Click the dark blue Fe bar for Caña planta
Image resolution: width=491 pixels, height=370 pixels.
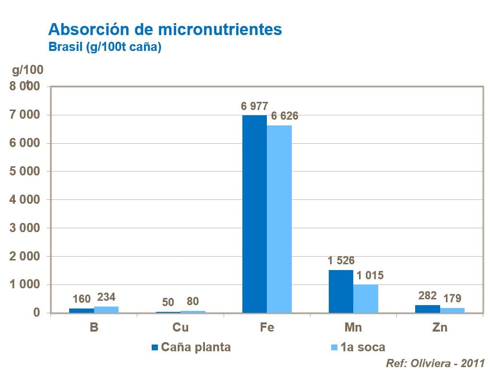point(254,214)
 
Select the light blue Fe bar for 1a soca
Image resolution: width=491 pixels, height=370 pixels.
point(279,219)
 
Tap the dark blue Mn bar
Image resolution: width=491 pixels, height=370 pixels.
point(341,291)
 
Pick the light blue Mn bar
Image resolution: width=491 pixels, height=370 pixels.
point(366,298)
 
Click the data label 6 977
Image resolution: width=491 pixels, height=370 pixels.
point(254,106)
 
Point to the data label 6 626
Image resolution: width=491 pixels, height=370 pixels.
point(285,116)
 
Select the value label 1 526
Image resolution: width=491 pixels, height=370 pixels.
point(341,261)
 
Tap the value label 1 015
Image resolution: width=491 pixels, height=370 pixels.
point(370,276)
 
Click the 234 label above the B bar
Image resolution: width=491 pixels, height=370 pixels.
point(106,297)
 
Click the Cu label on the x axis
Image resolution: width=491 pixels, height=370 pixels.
point(180,328)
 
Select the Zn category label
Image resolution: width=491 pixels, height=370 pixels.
point(440,328)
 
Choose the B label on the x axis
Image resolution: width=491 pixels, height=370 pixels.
point(94,328)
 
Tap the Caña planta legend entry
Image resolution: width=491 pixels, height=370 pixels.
point(191,347)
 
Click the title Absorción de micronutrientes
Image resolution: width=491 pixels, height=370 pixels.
point(165,30)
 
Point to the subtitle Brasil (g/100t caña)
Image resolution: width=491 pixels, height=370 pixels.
point(105,48)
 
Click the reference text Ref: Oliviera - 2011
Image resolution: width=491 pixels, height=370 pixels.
point(435,363)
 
